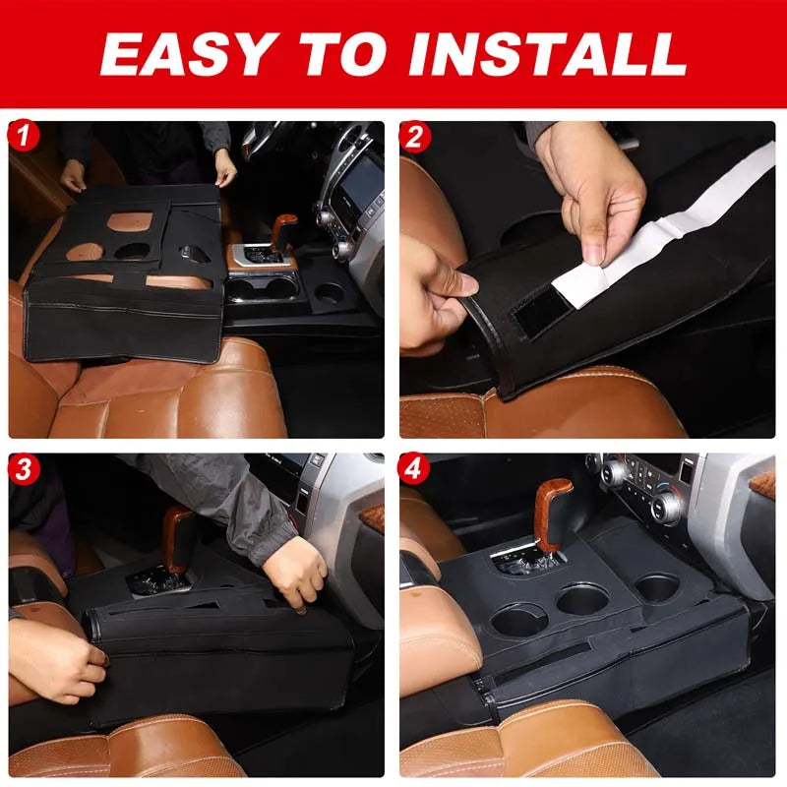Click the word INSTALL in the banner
click(x=548, y=54)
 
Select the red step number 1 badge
click(x=24, y=136)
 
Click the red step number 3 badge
click(x=24, y=469)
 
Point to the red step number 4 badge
click(x=413, y=469)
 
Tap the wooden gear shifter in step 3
click(x=177, y=538)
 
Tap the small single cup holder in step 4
click(x=657, y=587)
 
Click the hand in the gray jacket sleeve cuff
click(x=296, y=572)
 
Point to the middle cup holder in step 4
click(x=583, y=599)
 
